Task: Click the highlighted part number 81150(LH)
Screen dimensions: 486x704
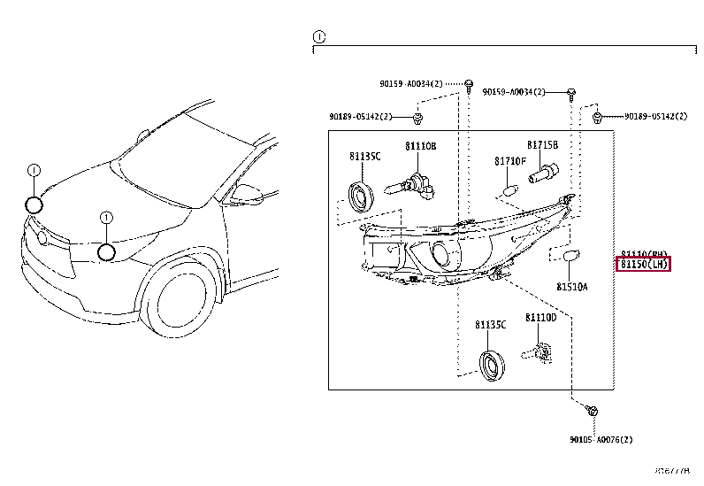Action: pos(643,264)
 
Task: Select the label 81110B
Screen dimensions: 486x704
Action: pos(421,145)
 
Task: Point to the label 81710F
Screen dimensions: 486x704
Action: pos(509,161)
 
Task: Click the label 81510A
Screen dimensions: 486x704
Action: pos(571,287)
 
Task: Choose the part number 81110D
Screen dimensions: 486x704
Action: pos(540,317)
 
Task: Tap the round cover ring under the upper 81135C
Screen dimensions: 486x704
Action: pos(360,195)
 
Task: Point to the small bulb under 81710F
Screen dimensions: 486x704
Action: pos(508,189)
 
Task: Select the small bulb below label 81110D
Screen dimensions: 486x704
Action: pos(539,351)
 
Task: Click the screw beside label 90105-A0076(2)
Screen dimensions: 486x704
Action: pos(592,412)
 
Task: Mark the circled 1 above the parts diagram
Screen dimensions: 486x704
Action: pos(319,36)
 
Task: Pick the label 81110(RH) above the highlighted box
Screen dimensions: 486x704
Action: pos(643,252)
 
